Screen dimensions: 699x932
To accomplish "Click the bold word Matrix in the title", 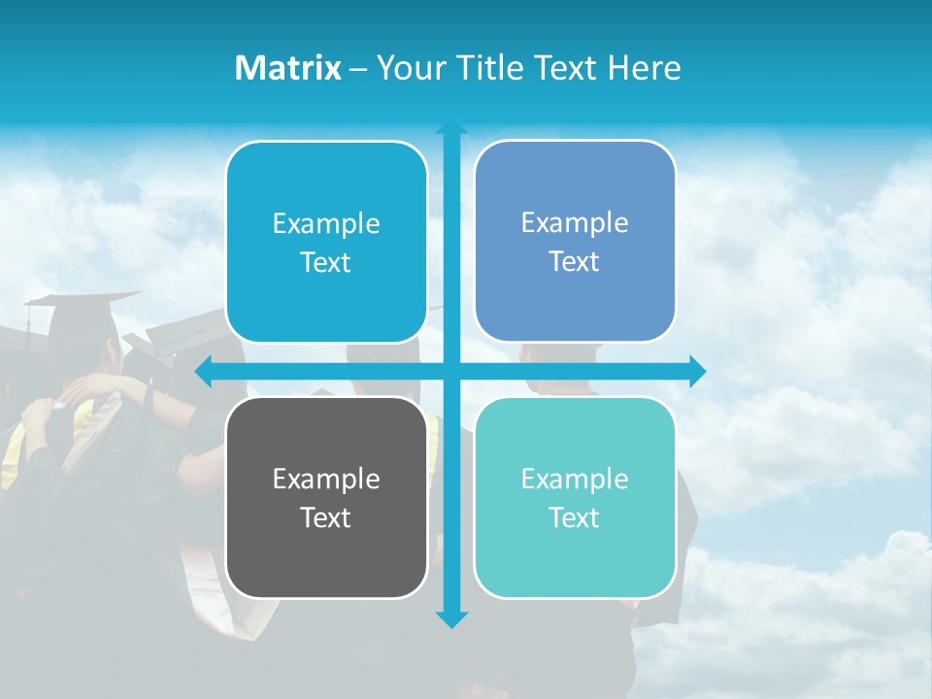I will tap(287, 68).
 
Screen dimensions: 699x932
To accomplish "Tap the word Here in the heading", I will tap(644, 68).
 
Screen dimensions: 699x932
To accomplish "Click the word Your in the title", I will tap(406, 68).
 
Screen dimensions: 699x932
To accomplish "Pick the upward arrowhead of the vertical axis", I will tap(451, 128).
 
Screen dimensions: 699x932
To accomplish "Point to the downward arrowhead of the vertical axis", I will tap(451, 618).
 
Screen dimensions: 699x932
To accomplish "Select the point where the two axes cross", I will tap(451, 371).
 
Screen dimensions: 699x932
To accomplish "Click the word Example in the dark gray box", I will tap(326, 479).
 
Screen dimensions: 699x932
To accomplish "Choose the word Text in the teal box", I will tap(574, 517).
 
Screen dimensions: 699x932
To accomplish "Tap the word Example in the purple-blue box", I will tap(575, 222).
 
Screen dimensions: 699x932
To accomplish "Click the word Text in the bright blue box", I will tap(326, 262).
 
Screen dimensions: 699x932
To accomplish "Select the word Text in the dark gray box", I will tap(326, 517).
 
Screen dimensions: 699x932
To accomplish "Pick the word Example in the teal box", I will tap(575, 479).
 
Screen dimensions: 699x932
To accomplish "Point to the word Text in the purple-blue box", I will tap(574, 261).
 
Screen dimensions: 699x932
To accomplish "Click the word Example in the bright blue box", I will tap(326, 223).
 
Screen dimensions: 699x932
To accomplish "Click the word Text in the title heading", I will tap(565, 68).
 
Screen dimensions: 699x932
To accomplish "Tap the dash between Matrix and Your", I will tap(358, 69).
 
